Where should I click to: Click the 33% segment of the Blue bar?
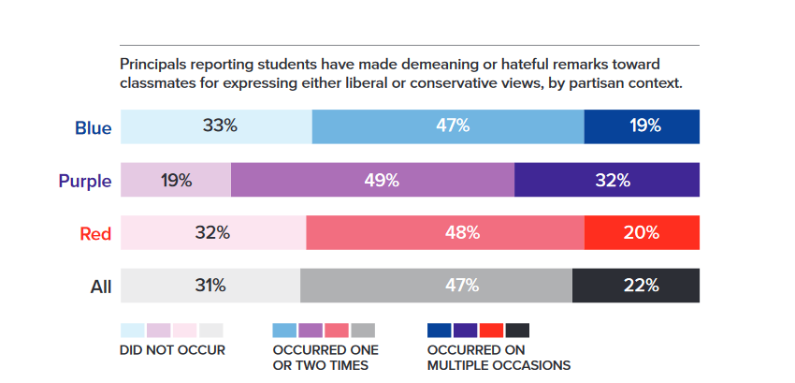pos(216,126)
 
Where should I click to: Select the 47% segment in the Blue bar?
pos(448,126)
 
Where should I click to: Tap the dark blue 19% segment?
pos(642,126)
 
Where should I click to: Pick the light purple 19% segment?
pos(176,180)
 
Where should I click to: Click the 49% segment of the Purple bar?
pos(372,180)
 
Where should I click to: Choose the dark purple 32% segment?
pos(607,180)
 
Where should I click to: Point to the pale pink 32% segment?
pos(213,233)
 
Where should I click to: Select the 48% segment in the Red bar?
pos(445,233)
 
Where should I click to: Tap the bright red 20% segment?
pos(642,233)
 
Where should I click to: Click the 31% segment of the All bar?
pos(210,286)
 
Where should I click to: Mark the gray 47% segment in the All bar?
pos(436,286)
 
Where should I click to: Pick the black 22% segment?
pos(636,286)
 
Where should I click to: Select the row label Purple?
pos(85,182)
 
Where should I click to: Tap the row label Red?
pos(95,234)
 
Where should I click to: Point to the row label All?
pos(100,287)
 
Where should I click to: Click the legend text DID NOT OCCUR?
pos(173,351)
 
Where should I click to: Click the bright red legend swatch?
pos(491,330)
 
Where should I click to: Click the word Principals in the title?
pos(154,65)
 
